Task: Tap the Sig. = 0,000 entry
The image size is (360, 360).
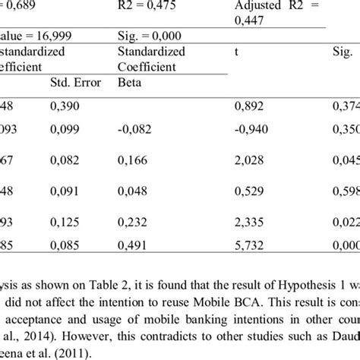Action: [x=150, y=34]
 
